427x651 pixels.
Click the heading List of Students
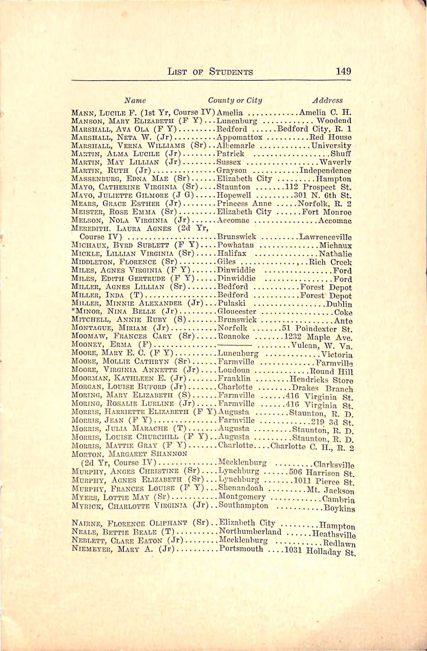(211, 72)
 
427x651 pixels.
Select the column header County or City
(235, 100)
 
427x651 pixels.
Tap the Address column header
(327, 100)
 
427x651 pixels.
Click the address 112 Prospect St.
(318, 187)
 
